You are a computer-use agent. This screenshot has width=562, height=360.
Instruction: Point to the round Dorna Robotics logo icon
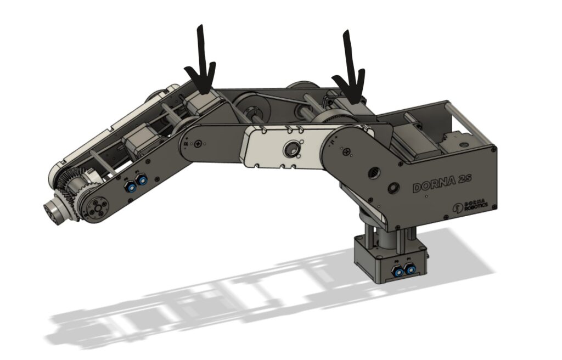coord(457,208)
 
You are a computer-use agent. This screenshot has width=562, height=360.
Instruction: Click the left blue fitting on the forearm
coord(132,187)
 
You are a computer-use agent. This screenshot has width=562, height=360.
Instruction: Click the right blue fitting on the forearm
coord(143,181)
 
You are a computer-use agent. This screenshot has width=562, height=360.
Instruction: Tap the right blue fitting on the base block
coord(408,268)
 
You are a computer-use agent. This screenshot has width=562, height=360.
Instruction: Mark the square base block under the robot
coord(390,258)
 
